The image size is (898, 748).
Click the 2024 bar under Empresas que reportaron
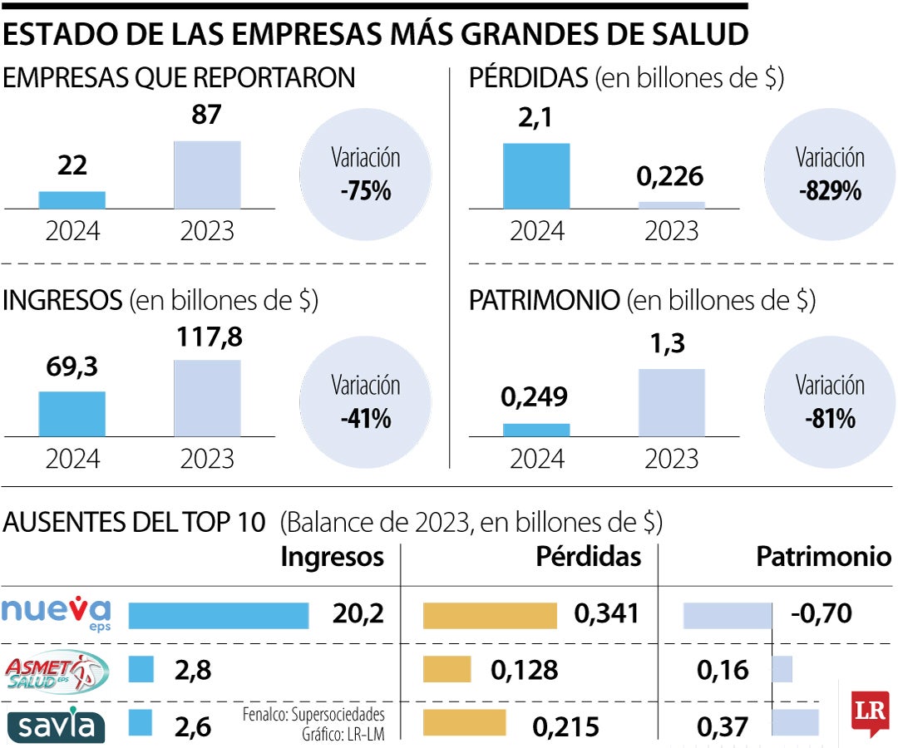coord(72,199)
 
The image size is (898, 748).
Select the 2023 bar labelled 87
coord(207,175)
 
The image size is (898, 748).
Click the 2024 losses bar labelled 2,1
coord(536,175)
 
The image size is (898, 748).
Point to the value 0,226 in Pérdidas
coord(670,176)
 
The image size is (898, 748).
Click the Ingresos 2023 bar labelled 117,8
coord(207,397)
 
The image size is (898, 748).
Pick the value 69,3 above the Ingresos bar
coord(72,366)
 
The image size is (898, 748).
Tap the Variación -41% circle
coord(365,402)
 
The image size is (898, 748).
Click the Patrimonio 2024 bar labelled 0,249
coord(536,430)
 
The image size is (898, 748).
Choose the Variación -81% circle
coord(830,402)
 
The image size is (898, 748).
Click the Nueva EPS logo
coord(57,613)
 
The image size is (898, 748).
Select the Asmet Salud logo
coord(57,671)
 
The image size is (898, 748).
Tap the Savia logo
coord(57,725)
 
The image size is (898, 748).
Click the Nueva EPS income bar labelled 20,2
coord(219,615)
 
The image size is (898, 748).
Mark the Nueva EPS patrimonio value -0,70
coord(822,614)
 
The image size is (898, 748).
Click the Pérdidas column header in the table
coord(589,557)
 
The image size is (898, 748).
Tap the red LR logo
coord(870,712)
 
